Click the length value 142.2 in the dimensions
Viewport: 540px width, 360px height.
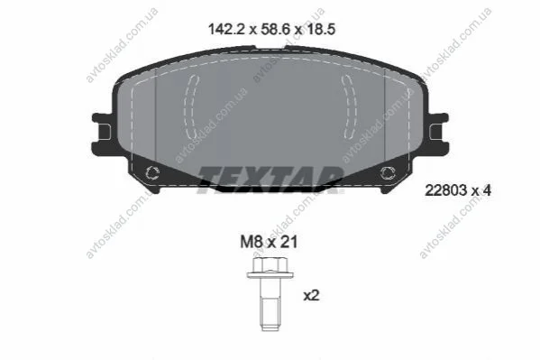tap(226, 29)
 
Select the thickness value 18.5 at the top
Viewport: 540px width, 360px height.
tap(320, 29)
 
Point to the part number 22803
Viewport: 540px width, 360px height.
tap(445, 190)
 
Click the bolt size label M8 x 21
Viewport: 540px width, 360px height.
tap(269, 242)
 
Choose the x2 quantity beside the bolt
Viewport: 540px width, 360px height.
tap(311, 296)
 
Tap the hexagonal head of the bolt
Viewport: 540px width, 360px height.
tap(270, 264)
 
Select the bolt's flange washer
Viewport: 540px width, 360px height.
tap(270, 275)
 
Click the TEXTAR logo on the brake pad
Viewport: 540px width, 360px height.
tap(270, 180)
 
